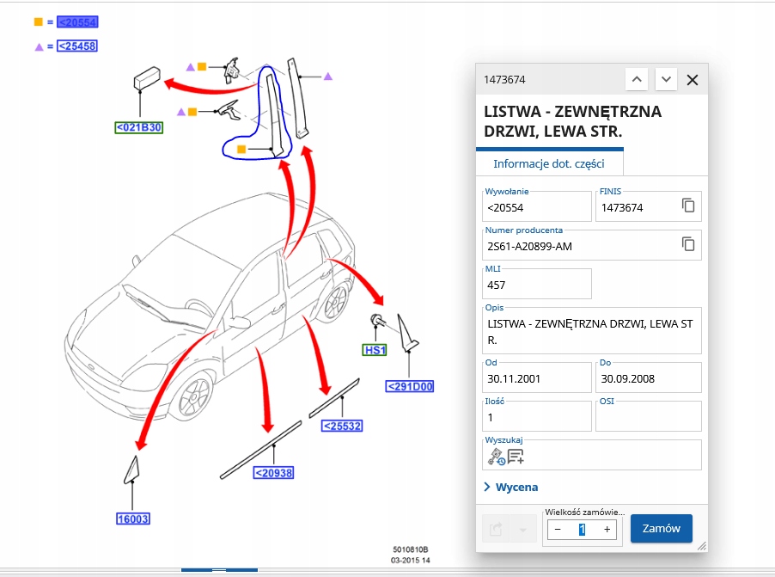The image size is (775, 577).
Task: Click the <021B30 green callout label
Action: pyautogui.click(x=139, y=127)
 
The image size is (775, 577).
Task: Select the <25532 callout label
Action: pyautogui.click(x=342, y=426)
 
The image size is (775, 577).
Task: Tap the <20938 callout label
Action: pyautogui.click(x=273, y=473)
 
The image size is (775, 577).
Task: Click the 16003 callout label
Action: pyautogui.click(x=133, y=519)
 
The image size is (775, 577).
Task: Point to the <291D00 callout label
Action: pyautogui.click(x=409, y=386)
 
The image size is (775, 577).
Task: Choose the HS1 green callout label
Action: pyautogui.click(x=375, y=350)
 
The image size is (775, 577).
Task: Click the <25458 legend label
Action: pyautogui.click(x=77, y=46)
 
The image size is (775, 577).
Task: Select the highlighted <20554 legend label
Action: pyautogui.click(x=77, y=21)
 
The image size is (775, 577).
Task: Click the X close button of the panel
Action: pyautogui.click(x=692, y=80)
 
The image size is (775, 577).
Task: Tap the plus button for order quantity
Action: pyautogui.click(x=607, y=530)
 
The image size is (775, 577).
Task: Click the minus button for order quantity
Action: pyautogui.click(x=558, y=530)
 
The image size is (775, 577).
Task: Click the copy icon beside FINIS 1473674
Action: pyautogui.click(x=688, y=205)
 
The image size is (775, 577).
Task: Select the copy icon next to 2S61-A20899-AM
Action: pyautogui.click(x=688, y=243)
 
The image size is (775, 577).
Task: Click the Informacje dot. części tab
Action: pyautogui.click(x=549, y=163)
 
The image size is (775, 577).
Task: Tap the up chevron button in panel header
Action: pyautogui.click(x=637, y=79)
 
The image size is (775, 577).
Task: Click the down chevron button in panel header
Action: pyautogui.click(x=666, y=79)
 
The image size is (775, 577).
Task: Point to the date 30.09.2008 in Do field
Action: pyautogui.click(x=627, y=379)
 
